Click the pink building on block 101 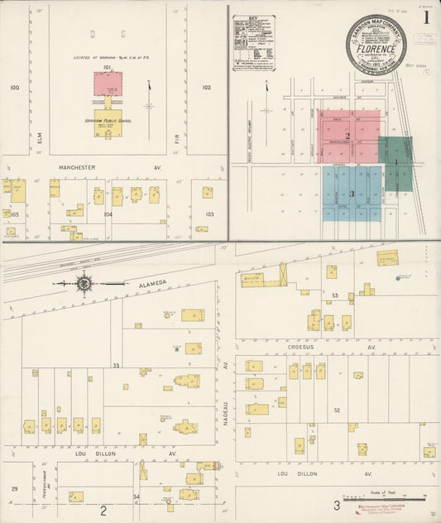[108, 83]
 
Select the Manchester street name [78, 167]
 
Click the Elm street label [39, 129]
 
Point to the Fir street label [177, 129]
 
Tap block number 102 [206, 87]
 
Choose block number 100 [14, 87]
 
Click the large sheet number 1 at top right [426, 17]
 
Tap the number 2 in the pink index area [348, 136]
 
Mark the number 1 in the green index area [396, 162]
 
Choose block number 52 [337, 410]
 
